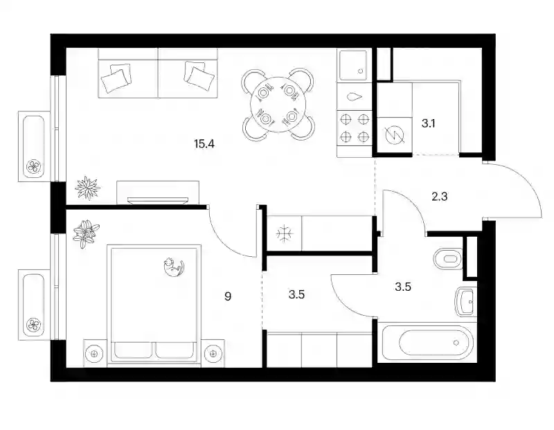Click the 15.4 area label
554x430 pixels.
[x=204, y=144]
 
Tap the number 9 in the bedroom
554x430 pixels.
[x=228, y=296]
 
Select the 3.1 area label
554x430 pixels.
[x=428, y=123]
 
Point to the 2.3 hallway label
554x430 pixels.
[x=440, y=196]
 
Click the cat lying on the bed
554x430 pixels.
[x=174, y=267]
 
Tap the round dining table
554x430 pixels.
[x=278, y=105]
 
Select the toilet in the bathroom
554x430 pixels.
[x=447, y=259]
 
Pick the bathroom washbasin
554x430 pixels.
[x=464, y=302]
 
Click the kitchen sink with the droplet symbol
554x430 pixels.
[x=355, y=96]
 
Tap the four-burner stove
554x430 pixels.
[x=355, y=128]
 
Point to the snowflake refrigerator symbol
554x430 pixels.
[x=284, y=233]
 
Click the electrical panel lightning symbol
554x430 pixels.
[x=395, y=135]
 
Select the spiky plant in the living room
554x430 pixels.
[x=87, y=187]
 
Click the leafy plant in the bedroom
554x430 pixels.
[x=86, y=234]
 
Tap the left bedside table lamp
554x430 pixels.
[x=94, y=353]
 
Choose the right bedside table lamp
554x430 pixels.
[x=213, y=353]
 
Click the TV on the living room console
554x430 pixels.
[x=158, y=200]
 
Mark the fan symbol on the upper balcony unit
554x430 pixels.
[x=34, y=166]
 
